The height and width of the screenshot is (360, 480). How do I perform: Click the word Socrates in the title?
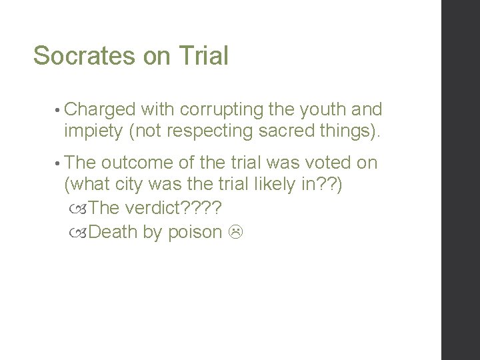85,56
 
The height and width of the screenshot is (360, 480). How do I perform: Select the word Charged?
100,109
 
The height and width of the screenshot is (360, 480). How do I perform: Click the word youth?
319,109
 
